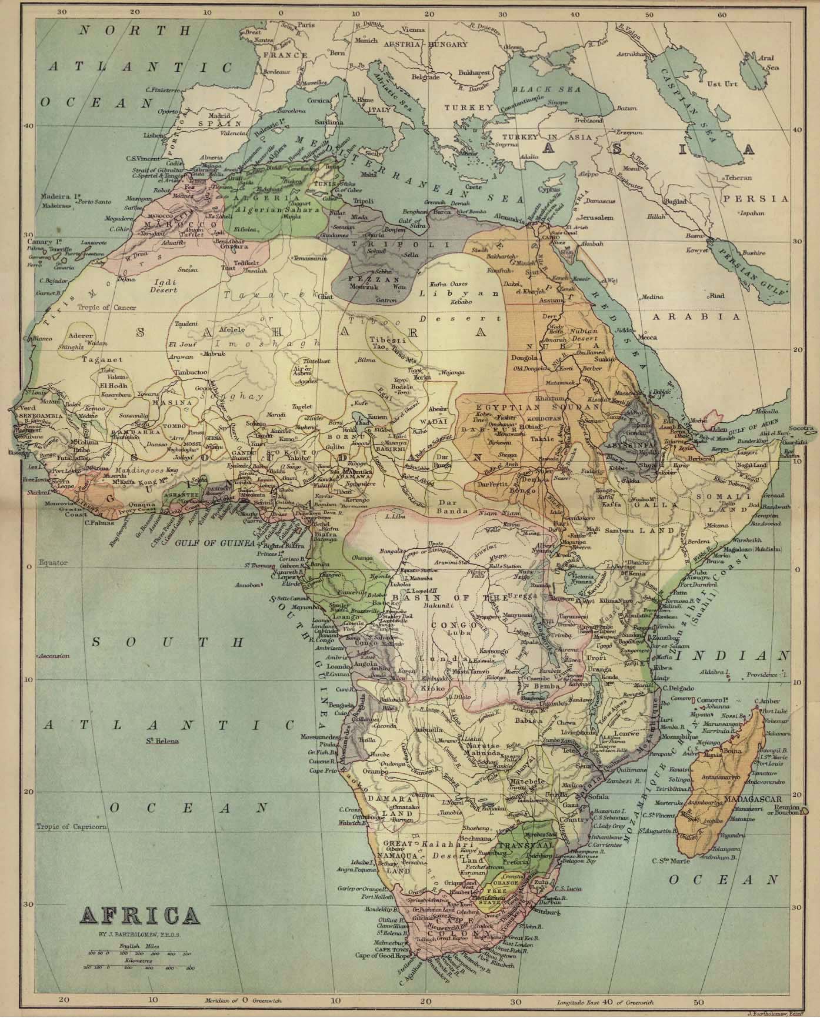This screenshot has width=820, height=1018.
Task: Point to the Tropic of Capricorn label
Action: (72, 826)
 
